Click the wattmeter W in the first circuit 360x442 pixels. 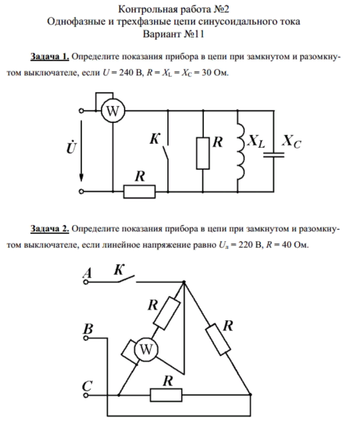(112, 112)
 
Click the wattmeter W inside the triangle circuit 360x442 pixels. (146, 349)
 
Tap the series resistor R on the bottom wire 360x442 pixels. (139, 191)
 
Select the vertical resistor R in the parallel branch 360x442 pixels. (203, 153)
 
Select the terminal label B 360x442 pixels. (88, 329)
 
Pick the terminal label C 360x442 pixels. (87, 385)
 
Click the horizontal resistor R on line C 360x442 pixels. (166, 395)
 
